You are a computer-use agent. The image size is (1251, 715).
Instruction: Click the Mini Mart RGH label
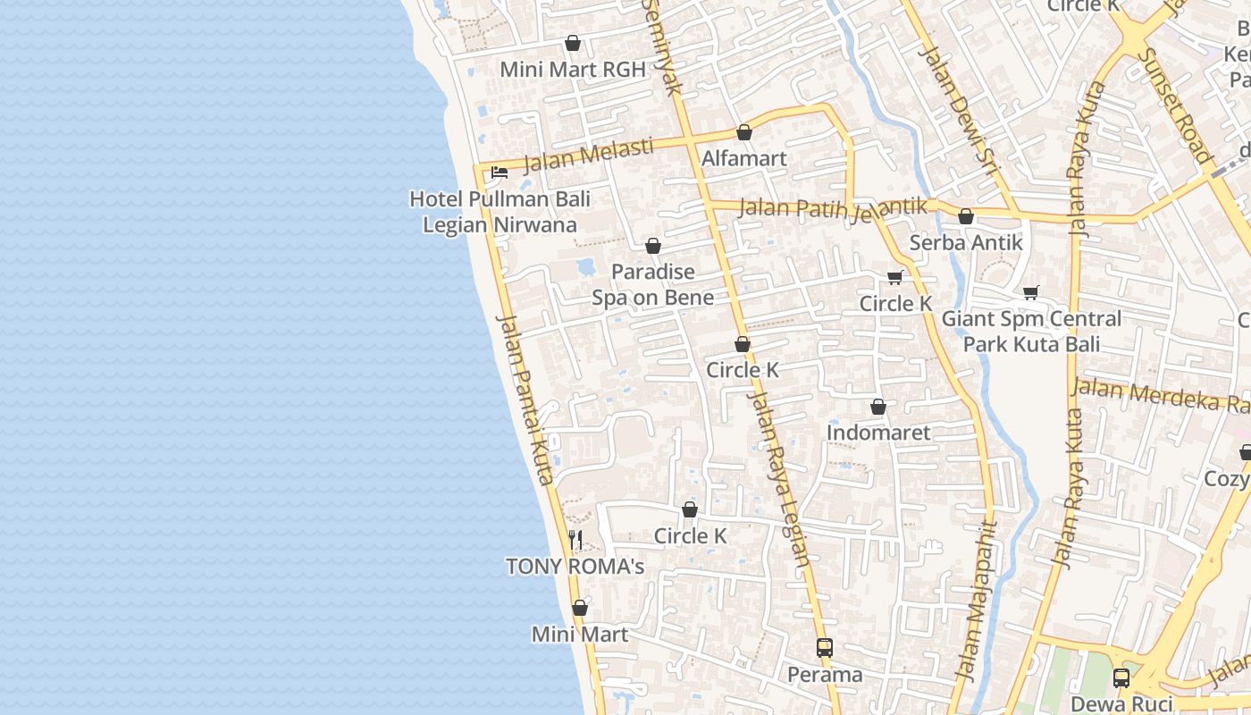coord(572,70)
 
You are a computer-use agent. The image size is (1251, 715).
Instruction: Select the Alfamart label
coord(743,158)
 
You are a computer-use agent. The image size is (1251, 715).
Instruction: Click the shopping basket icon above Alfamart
coord(744,133)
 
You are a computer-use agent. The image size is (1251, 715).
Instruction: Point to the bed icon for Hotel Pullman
coord(499,172)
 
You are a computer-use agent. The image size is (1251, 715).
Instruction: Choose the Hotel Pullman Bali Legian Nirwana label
coord(500,212)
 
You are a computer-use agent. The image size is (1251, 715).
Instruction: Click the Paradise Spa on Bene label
coord(653,284)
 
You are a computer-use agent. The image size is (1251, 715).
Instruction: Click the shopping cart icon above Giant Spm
coord(1031,292)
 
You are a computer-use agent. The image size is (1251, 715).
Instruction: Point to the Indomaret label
coord(878,433)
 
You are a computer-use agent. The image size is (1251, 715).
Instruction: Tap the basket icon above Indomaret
coord(878,408)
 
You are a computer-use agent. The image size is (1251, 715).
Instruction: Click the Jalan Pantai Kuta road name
coord(525,400)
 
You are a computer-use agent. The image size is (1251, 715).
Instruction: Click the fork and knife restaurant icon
coord(576,540)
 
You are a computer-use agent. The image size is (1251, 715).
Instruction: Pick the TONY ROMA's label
coord(575,567)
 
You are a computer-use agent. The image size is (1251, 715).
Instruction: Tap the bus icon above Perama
coord(824,648)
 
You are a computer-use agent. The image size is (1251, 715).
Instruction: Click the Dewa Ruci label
coord(1121,703)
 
